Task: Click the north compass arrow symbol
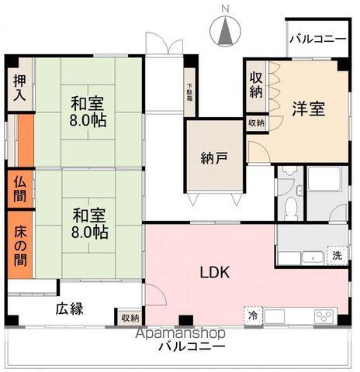(x=225, y=32)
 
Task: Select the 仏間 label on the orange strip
(x=20, y=188)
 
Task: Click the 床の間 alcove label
(x=20, y=243)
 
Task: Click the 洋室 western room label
(x=308, y=109)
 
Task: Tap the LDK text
(x=213, y=273)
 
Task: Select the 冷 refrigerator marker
(x=253, y=315)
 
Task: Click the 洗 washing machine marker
(x=337, y=256)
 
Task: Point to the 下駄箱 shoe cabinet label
(x=189, y=95)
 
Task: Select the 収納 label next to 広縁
(x=130, y=317)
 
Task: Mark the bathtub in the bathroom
(x=328, y=184)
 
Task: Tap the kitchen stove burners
(x=324, y=316)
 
